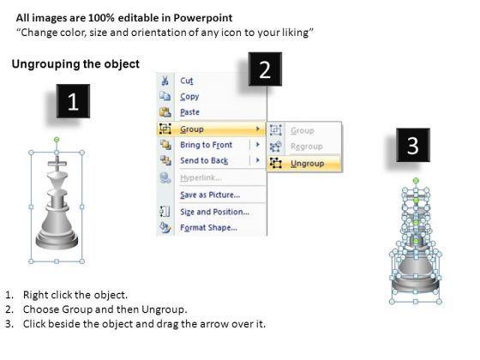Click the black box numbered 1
(x=73, y=101)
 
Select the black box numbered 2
(x=265, y=69)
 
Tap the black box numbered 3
(x=413, y=145)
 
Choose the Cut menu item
(x=187, y=81)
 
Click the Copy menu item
(x=189, y=97)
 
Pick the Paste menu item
(x=189, y=112)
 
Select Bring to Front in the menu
(x=206, y=145)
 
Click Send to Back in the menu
(x=204, y=161)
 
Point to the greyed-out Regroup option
(x=307, y=147)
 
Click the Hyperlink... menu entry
(x=201, y=178)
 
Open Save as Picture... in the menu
(x=210, y=195)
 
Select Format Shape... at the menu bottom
(x=208, y=228)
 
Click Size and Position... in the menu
(x=214, y=212)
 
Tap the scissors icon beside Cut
(x=165, y=81)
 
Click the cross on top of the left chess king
(x=57, y=164)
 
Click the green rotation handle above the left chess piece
(x=57, y=140)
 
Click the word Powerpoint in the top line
(x=203, y=18)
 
